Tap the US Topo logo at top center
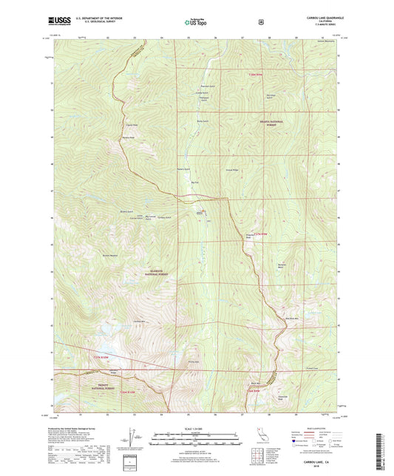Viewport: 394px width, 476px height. pyautogui.click(x=194, y=22)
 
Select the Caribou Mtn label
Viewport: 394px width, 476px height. pyautogui.click(x=137, y=321)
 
